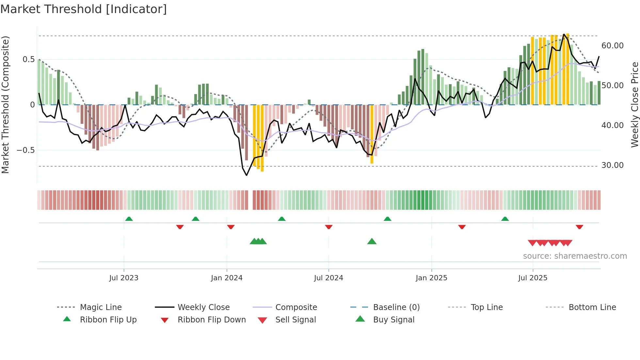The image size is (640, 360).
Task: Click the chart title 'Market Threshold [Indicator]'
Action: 84,9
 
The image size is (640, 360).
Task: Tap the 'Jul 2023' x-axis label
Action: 124,278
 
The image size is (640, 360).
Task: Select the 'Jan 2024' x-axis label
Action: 227,278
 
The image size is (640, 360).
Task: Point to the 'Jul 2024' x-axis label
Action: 328,278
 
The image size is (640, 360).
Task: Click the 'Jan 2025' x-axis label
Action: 431,278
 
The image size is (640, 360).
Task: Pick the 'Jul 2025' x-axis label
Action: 533,278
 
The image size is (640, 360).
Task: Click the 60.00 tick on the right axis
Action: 612,46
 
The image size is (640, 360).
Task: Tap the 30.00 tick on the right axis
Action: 612,165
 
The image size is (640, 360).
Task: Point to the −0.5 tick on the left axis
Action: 25,150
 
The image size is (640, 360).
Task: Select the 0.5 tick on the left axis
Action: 28,59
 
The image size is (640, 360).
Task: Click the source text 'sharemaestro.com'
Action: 575,256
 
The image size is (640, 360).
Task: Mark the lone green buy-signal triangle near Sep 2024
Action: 372,242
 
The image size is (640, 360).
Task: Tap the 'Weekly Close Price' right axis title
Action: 634,105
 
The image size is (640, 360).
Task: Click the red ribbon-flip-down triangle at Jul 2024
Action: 328,227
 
